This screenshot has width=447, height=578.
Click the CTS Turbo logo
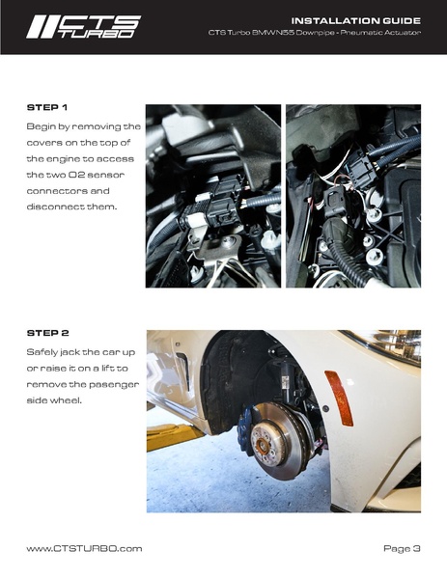83,27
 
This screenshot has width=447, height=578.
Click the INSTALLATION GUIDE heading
356,20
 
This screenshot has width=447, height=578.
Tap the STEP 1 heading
47,108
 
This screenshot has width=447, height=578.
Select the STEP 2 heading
47,333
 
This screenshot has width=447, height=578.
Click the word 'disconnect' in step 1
56,206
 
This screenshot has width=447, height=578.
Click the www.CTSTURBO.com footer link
84,548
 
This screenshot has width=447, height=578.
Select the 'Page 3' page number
402,548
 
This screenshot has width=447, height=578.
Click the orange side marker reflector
338,398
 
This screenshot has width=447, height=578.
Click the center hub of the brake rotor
263,441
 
